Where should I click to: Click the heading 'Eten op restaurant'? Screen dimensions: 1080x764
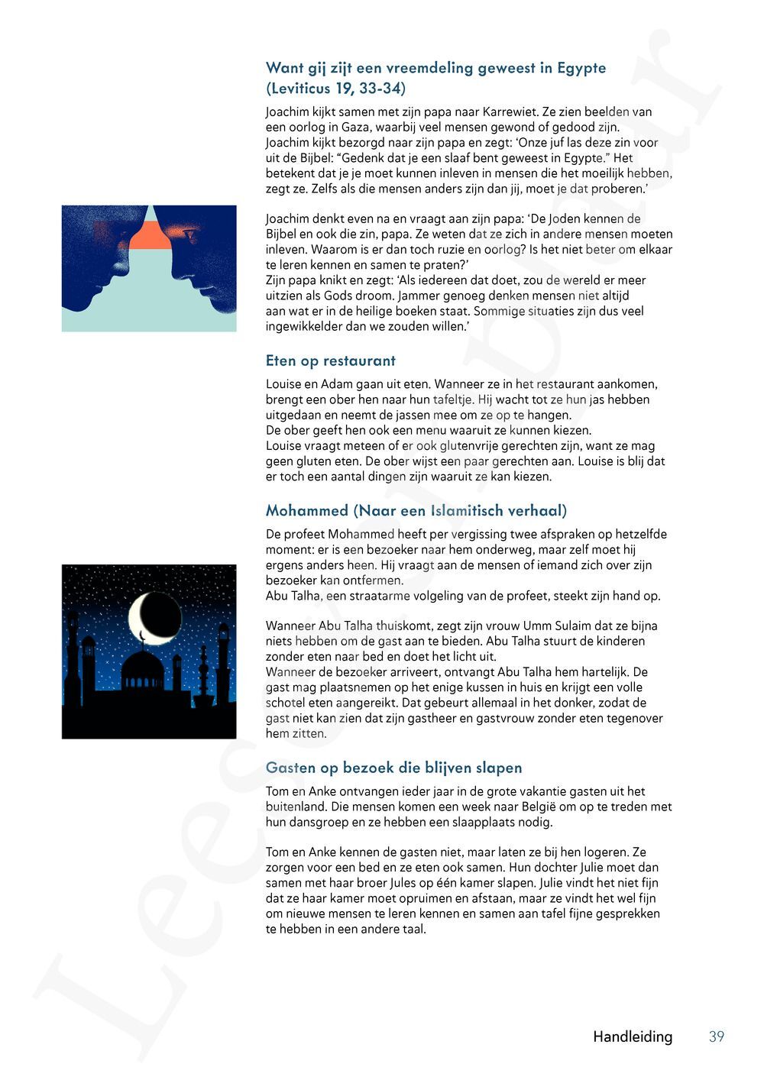pyautogui.click(x=330, y=361)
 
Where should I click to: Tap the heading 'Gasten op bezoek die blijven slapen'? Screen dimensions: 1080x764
pyautogui.click(x=393, y=768)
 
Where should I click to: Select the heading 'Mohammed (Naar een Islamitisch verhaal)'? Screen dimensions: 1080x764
pyautogui.click(x=416, y=510)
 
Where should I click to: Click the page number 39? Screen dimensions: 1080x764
pyautogui.click(x=716, y=1036)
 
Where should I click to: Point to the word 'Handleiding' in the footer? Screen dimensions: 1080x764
pyautogui.click(x=633, y=1036)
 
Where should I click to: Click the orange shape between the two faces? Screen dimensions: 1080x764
pyautogui.click(x=150, y=234)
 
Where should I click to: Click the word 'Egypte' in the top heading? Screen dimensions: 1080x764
pyautogui.click(x=581, y=68)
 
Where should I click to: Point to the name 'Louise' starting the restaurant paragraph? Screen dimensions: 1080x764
pyautogui.click(x=284, y=383)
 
